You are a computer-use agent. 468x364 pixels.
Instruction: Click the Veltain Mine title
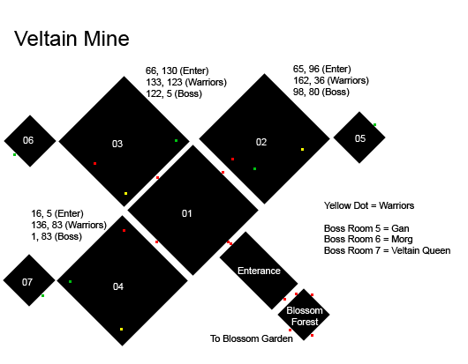(72, 39)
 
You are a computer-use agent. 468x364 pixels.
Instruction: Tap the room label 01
(187, 213)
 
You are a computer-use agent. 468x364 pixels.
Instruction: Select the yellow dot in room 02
(302, 149)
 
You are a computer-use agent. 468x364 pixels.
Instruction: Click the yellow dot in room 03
(125, 194)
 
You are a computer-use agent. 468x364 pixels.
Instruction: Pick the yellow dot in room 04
(121, 329)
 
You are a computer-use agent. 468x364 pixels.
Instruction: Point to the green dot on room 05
(375, 125)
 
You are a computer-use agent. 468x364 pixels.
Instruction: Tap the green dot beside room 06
(14, 154)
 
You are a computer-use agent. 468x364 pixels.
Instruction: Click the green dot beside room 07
(42, 296)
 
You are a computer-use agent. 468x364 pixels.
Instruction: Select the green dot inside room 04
(70, 281)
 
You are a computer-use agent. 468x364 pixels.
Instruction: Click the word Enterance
(259, 271)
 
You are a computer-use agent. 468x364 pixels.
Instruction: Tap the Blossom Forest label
(305, 316)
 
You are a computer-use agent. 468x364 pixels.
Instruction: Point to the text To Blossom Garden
(252, 338)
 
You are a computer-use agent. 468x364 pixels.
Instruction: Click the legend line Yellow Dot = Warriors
(369, 205)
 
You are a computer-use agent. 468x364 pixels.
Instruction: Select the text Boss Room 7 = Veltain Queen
(387, 250)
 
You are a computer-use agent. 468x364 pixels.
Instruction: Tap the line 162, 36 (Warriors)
(331, 80)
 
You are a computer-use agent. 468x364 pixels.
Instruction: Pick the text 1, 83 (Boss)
(57, 236)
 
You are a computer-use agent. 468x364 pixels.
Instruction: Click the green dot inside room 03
(176, 141)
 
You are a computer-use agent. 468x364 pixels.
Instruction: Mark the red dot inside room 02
(232, 159)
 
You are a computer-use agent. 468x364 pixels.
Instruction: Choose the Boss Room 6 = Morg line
(368, 239)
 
